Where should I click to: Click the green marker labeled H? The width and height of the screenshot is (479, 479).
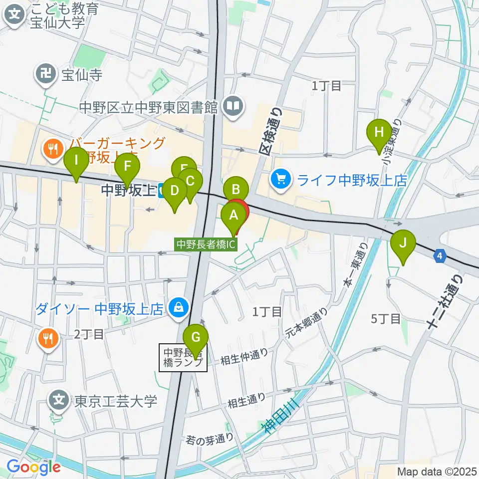point(379,133)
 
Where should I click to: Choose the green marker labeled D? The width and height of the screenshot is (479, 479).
point(175,191)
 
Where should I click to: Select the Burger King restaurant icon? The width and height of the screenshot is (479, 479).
point(52,148)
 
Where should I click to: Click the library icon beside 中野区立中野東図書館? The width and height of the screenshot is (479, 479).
point(233,106)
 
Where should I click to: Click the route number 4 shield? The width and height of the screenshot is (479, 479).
point(439,255)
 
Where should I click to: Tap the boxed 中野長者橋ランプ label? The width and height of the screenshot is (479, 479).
point(183,358)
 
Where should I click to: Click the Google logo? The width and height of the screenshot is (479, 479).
point(33,468)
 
